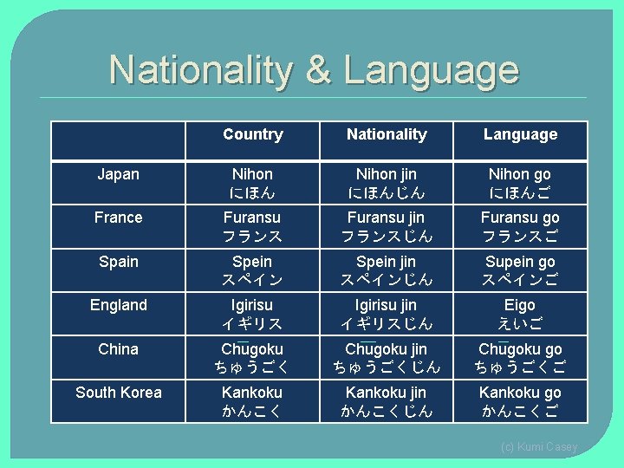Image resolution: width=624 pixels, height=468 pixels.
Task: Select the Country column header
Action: pyautogui.click(x=252, y=134)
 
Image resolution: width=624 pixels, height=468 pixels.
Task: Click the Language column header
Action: pyautogui.click(x=520, y=134)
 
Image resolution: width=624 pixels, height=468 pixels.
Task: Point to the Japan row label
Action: pyautogui.click(x=118, y=174)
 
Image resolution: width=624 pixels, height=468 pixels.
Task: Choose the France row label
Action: pyautogui.click(x=118, y=218)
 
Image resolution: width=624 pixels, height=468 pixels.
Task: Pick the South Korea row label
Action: pyautogui.click(x=118, y=393)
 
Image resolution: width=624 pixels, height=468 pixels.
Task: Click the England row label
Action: pyautogui.click(x=118, y=305)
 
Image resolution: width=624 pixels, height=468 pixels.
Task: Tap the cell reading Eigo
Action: pyautogui.click(x=520, y=314)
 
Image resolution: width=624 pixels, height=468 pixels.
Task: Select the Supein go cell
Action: pyautogui.click(x=520, y=270)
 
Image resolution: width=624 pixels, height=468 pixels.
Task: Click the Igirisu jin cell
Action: pyautogui.click(x=387, y=314)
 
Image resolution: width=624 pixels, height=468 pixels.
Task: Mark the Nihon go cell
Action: pyautogui.click(x=520, y=183)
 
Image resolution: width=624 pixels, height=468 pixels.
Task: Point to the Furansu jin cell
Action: pyautogui.click(x=387, y=226)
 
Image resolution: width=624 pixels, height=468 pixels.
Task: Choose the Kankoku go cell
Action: pyautogui.click(x=520, y=401)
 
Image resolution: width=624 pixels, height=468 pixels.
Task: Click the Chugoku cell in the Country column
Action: pyautogui.click(x=252, y=358)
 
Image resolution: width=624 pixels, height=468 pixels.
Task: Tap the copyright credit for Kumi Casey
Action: pyautogui.click(x=538, y=447)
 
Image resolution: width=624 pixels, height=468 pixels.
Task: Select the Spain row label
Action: pyautogui.click(x=118, y=261)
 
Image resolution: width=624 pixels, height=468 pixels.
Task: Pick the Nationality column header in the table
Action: pyautogui.click(x=387, y=134)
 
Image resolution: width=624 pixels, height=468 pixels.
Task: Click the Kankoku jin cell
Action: pyautogui.click(x=387, y=401)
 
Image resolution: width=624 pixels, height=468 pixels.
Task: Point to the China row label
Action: pyautogui.click(x=118, y=349)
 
